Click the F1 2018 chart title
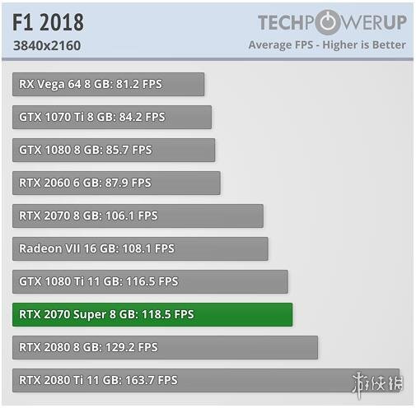pos(48,21)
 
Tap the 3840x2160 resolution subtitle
pos(47,45)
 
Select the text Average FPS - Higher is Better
pos(327,45)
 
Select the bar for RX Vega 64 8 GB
pos(108,84)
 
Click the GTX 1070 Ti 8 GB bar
pos(112,117)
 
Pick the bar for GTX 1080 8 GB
pos(114,150)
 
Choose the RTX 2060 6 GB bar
pos(116,183)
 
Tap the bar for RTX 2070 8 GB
pos(138,216)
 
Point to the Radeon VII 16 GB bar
pos(140,248)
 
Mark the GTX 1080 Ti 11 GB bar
pos(150,281)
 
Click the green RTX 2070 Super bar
pos(152,314)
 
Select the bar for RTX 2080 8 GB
pos(165,347)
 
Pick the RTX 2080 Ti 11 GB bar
pos(206,380)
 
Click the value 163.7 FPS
pos(149,380)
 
